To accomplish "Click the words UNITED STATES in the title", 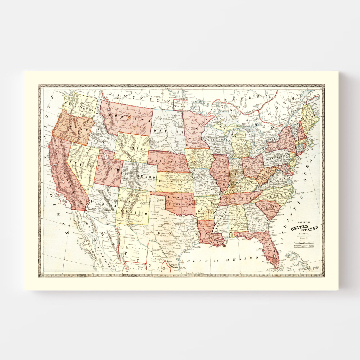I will (304, 228).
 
